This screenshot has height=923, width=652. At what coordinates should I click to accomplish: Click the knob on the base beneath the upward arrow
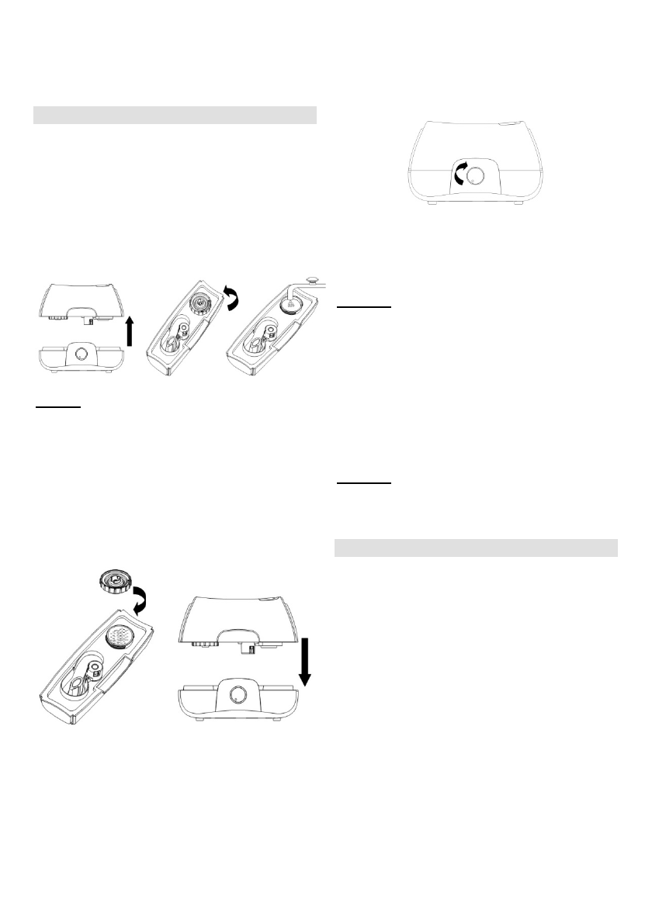point(81,355)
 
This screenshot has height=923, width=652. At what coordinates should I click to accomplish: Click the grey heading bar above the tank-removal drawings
point(175,115)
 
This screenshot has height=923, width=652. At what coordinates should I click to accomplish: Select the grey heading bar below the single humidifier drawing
point(475,548)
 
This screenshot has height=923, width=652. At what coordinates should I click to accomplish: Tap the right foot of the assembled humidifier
point(517,205)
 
